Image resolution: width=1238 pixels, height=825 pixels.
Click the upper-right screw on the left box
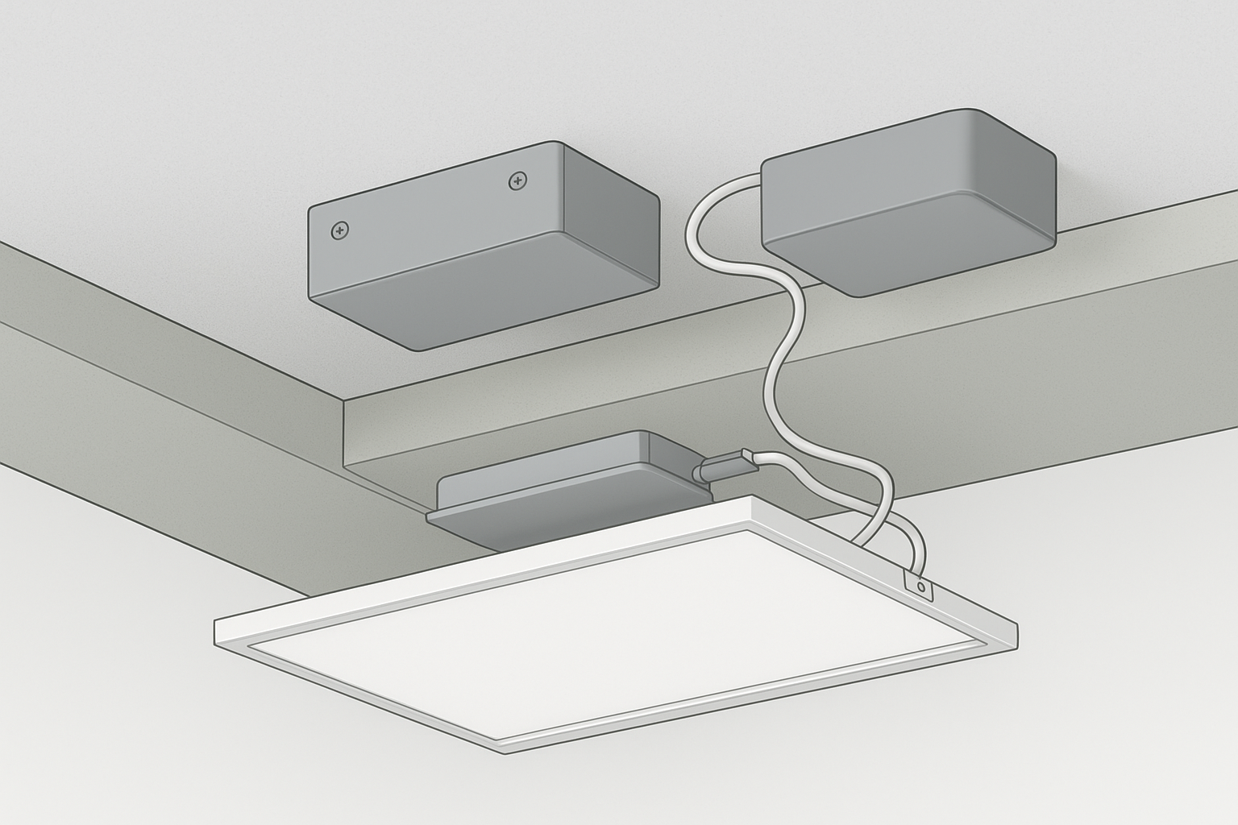[x=517, y=182]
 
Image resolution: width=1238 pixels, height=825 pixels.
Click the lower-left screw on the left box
[x=340, y=231]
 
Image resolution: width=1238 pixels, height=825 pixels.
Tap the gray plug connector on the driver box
[x=726, y=466]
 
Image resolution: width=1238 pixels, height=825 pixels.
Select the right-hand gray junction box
[x=909, y=201]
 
